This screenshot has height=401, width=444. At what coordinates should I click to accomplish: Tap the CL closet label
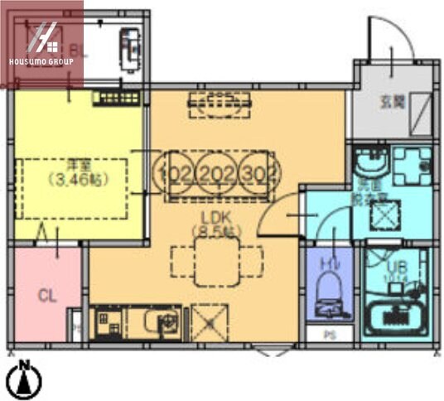point(46,294)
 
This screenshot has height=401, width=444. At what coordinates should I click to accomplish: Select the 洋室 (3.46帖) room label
point(70,172)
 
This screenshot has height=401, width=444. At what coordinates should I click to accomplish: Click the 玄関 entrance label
point(392,103)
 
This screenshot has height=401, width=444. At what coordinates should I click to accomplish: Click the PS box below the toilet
point(329,336)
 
